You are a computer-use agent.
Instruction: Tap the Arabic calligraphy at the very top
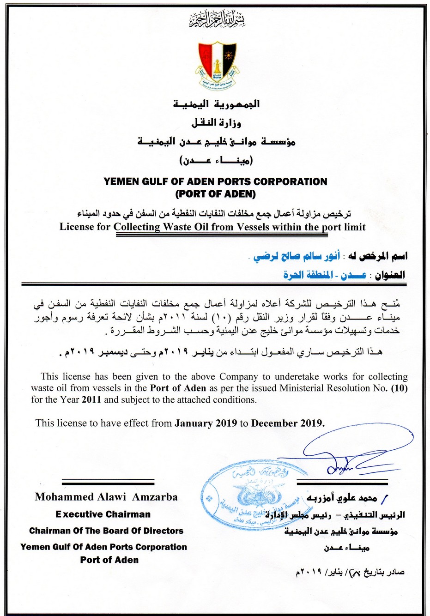point(216,19)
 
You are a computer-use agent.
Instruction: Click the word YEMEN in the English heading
point(121,181)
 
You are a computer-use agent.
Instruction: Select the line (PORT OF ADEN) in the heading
point(215,193)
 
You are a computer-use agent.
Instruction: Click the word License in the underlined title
point(78,227)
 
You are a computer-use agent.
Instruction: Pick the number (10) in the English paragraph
point(399,388)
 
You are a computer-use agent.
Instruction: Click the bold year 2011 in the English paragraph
point(91,399)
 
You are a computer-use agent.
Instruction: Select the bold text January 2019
point(206,423)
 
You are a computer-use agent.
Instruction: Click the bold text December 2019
point(288,423)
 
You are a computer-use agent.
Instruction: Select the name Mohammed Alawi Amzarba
point(106,497)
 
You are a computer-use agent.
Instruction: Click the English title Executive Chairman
point(103,514)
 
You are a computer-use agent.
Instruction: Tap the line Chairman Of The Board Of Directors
point(106,531)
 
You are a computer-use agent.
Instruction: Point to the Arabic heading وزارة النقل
point(216,122)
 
